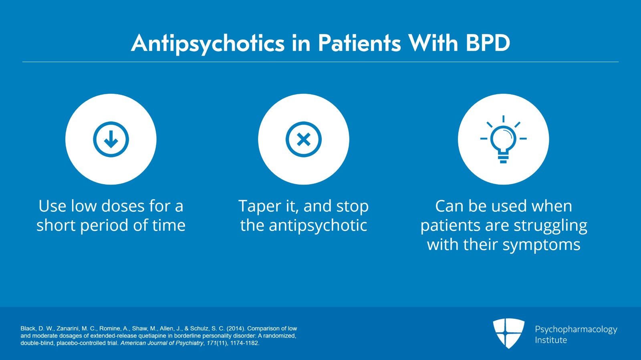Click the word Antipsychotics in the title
[208, 44]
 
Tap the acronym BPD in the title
[488, 43]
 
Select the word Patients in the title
[359, 43]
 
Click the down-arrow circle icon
[111, 139]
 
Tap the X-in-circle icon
[304, 139]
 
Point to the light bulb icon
[503, 139]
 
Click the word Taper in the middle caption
[260, 207]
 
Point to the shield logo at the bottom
[508, 333]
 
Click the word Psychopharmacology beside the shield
[576, 330]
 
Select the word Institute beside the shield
[551, 340]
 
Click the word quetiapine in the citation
[160, 336]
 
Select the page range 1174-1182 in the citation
[244, 343]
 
